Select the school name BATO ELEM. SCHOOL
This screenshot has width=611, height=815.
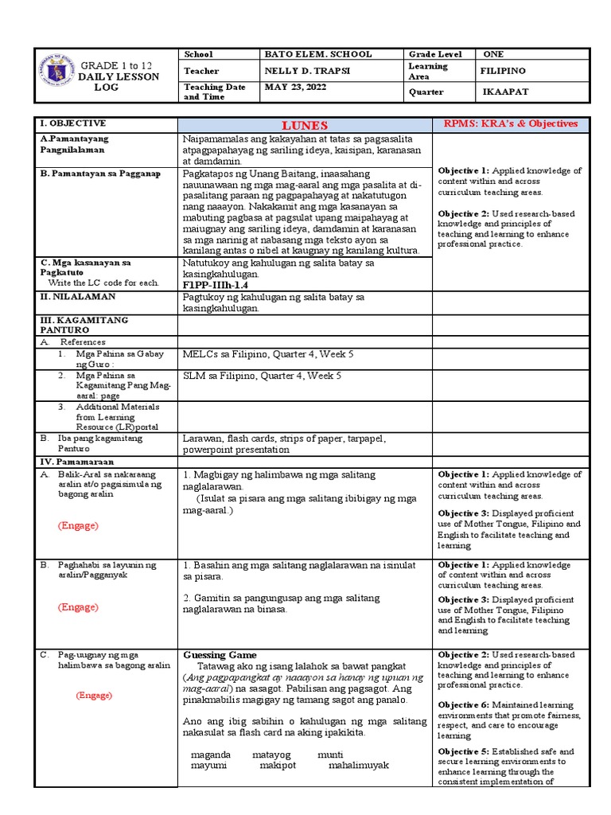pyautogui.click(x=317, y=54)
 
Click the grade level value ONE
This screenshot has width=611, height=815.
pyautogui.click(x=493, y=54)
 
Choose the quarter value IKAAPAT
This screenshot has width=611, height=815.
pyautogui.click(x=505, y=92)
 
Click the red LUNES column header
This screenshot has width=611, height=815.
pyautogui.click(x=304, y=125)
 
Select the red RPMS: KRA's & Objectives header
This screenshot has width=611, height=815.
pyautogui.click(x=509, y=124)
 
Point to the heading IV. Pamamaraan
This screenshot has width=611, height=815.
pyautogui.click(x=77, y=462)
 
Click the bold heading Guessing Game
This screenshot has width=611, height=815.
pyautogui.click(x=220, y=655)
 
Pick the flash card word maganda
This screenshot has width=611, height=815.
pyautogui.click(x=211, y=755)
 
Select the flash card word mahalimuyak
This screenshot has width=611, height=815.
pyautogui.click(x=358, y=766)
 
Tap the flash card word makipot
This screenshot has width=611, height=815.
pyautogui.click(x=278, y=766)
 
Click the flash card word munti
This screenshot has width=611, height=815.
pyautogui.click(x=330, y=755)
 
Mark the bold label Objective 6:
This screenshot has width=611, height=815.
pyautogui.click(x=463, y=705)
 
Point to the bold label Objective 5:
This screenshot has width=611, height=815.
pyautogui.click(x=463, y=751)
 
